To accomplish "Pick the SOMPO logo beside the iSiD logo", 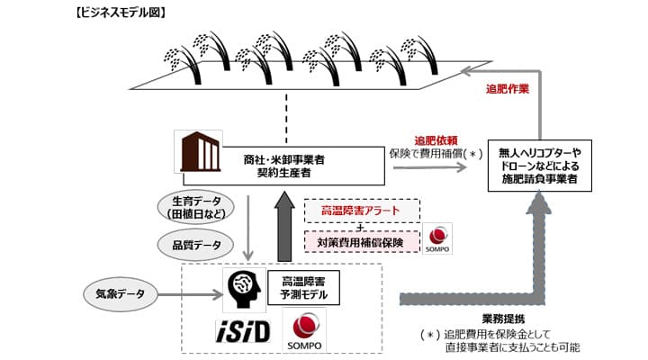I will click(304, 329).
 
